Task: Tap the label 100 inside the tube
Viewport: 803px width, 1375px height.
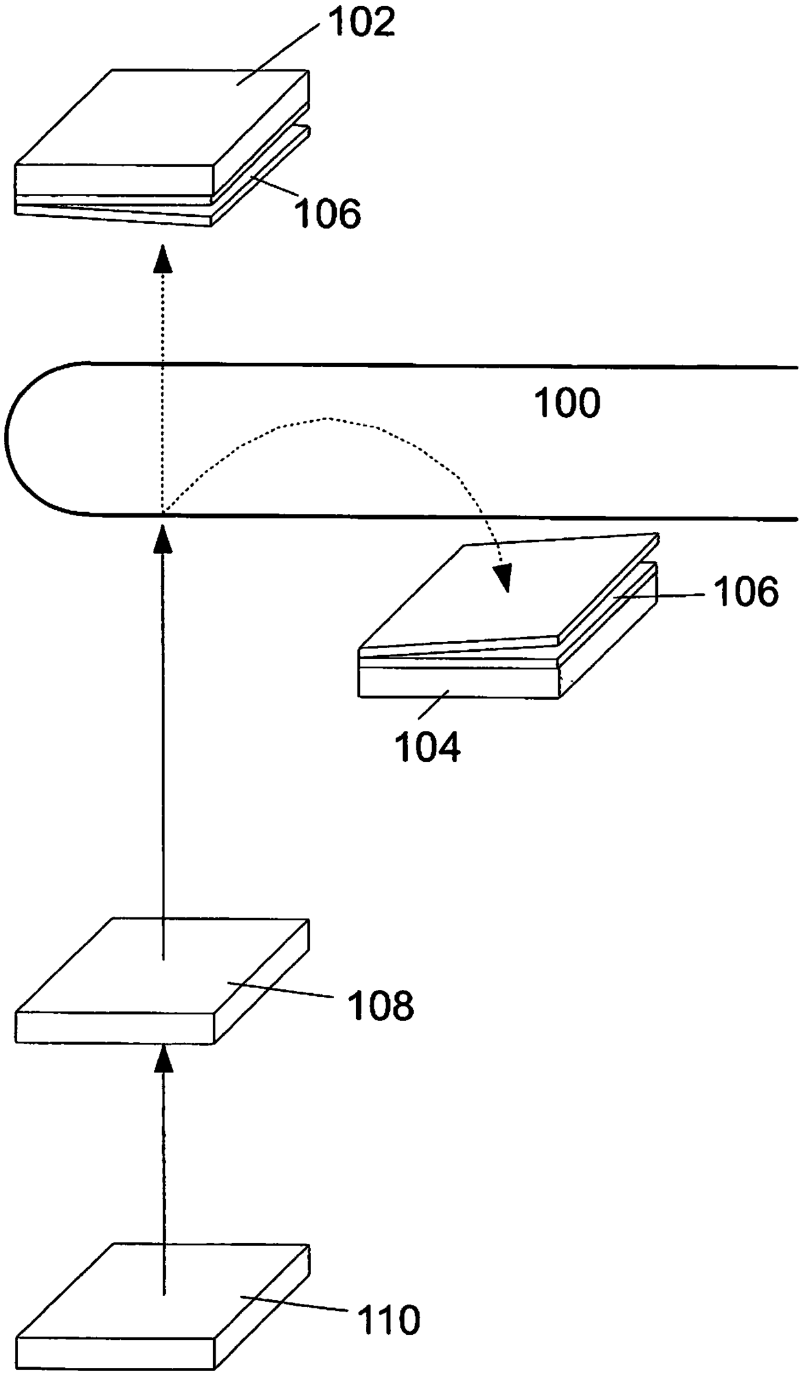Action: pos(567,403)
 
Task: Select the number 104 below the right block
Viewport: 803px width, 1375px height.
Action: pos(428,746)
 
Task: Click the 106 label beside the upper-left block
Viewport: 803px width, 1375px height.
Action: pos(328,213)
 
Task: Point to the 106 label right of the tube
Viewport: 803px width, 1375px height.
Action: pos(746,591)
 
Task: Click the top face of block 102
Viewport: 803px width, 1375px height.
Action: pos(162,117)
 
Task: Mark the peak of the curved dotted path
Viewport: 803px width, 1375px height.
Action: pos(328,418)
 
